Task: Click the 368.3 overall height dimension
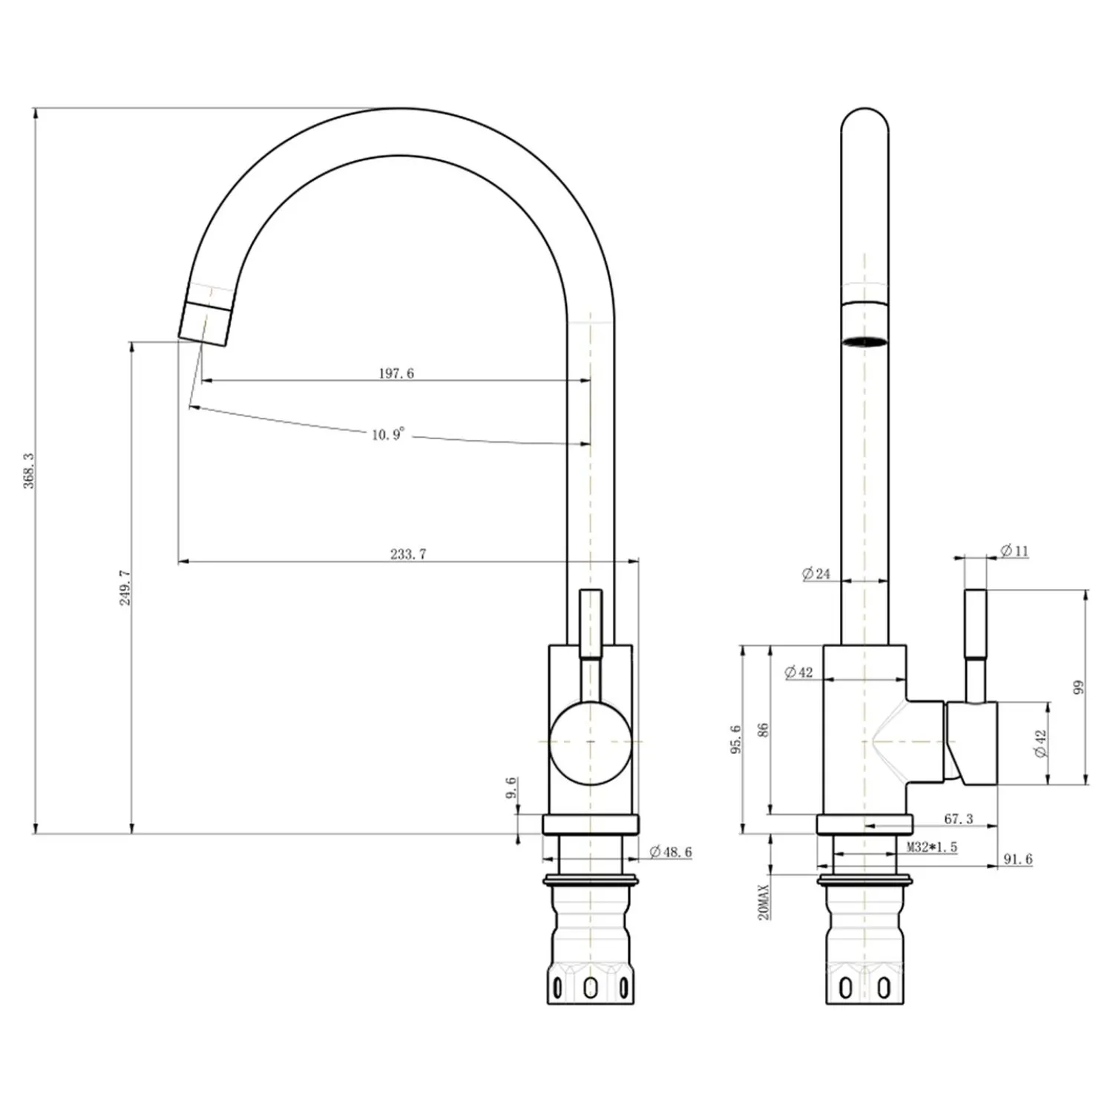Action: point(29,470)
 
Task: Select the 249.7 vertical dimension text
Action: point(125,588)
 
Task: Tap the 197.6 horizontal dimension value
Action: point(396,373)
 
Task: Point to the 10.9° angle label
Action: point(389,433)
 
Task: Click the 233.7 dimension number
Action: point(408,554)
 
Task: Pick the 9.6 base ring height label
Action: point(510,789)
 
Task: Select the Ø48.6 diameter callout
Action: point(671,852)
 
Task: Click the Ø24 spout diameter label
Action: point(816,573)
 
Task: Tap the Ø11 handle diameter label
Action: point(1014,551)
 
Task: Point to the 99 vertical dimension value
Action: point(1079,686)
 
